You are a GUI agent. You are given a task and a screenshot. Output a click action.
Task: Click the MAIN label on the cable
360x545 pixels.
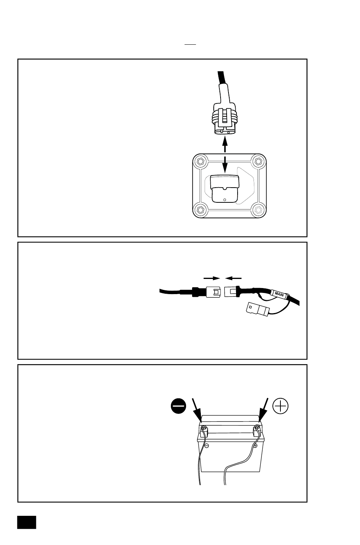pyautogui.click(x=279, y=294)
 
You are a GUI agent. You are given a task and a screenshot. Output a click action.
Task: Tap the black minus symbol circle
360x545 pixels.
pyautogui.click(x=178, y=406)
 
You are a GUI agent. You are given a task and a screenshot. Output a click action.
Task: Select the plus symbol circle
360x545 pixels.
pyautogui.click(x=280, y=406)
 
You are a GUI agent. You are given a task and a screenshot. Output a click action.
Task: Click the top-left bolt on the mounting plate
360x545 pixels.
pyautogui.click(x=201, y=161)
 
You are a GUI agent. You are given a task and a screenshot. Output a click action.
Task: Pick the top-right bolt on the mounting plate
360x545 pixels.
pyautogui.click(x=258, y=161)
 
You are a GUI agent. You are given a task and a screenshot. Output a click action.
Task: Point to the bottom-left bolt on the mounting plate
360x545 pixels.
pyautogui.click(x=201, y=210)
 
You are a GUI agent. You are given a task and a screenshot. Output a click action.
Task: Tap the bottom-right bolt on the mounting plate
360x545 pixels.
pyautogui.click(x=258, y=210)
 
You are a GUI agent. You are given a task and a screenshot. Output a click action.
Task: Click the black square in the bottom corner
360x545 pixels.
pyautogui.click(x=27, y=522)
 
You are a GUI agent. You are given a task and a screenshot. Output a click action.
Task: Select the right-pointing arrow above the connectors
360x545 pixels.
pyautogui.click(x=211, y=278)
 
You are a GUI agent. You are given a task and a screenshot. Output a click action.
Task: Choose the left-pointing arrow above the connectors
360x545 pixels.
pyautogui.click(x=233, y=278)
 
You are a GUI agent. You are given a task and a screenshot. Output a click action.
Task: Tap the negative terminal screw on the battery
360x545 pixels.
pyautogui.click(x=203, y=428)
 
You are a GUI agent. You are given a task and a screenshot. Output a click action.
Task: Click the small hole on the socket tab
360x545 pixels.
pyautogui.click(x=225, y=200)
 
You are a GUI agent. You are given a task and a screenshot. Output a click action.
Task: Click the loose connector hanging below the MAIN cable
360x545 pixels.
pyautogui.click(x=257, y=309)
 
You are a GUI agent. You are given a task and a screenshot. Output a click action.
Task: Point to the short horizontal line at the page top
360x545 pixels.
pyautogui.click(x=190, y=44)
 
